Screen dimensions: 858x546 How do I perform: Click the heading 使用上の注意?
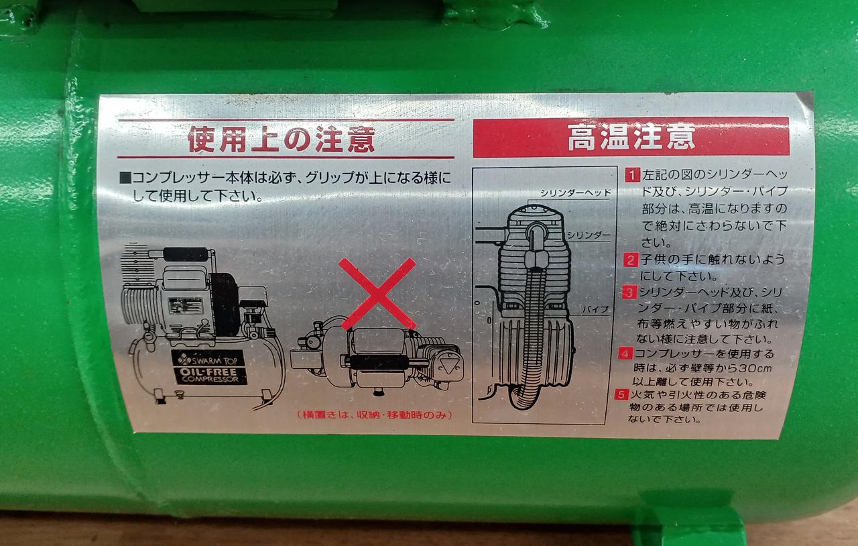[282, 140]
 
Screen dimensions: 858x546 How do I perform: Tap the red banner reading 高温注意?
[631, 138]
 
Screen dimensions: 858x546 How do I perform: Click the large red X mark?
[377, 294]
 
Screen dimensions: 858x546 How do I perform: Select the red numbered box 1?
[632, 175]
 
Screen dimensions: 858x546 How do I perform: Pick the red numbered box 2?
[631, 260]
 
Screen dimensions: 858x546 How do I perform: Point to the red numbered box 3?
[629, 292]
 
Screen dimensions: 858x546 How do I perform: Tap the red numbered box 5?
[621, 394]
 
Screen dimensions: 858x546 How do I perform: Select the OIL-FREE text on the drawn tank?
[208, 371]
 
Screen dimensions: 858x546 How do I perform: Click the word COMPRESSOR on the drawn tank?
[210, 379]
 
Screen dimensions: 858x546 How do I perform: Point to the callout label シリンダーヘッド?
[575, 193]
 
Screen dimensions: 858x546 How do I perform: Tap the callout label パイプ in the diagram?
[596, 309]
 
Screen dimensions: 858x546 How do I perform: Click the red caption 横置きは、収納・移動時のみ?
[374, 415]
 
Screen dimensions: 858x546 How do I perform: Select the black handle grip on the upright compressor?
[186, 254]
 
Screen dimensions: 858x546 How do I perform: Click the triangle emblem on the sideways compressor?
[446, 365]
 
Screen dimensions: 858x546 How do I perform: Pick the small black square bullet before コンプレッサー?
[125, 178]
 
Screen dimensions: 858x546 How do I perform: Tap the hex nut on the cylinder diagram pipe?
[534, 260]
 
